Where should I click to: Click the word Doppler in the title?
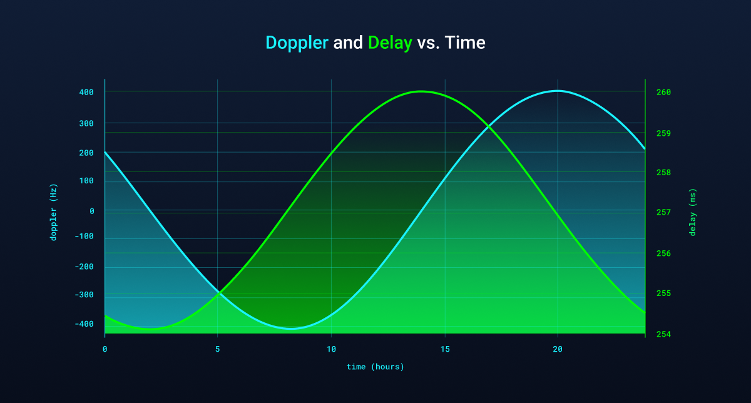point(297,43)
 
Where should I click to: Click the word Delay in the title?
point(390,43)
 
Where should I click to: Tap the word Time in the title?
point(465,43)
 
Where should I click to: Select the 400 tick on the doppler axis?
point(86,92)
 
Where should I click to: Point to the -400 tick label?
point(84,324)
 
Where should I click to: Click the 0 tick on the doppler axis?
point(92,212)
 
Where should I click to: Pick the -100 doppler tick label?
point(84,236)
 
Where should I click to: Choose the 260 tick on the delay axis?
point(663,92)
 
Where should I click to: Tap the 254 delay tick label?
point(663,334)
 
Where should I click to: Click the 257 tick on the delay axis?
point(663,212)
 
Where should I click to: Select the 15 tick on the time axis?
point(445,349)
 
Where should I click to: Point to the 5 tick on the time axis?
point(218,349)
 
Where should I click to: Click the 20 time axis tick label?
point(558,349)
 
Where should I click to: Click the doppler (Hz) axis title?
point(54,212)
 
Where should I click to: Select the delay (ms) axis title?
point(692,212)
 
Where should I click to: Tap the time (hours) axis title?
point(375,367)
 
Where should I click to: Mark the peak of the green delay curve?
point(421,91)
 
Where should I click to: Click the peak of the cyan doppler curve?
point(558,91)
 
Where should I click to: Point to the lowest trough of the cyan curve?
point(291,329)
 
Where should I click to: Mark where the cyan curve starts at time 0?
point(105,152)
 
